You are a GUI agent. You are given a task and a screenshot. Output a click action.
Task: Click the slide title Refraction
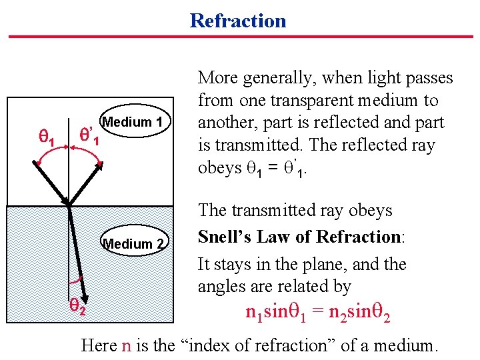[x=238, y=21]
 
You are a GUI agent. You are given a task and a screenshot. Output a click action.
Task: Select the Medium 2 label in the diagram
[x=133, y=244]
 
